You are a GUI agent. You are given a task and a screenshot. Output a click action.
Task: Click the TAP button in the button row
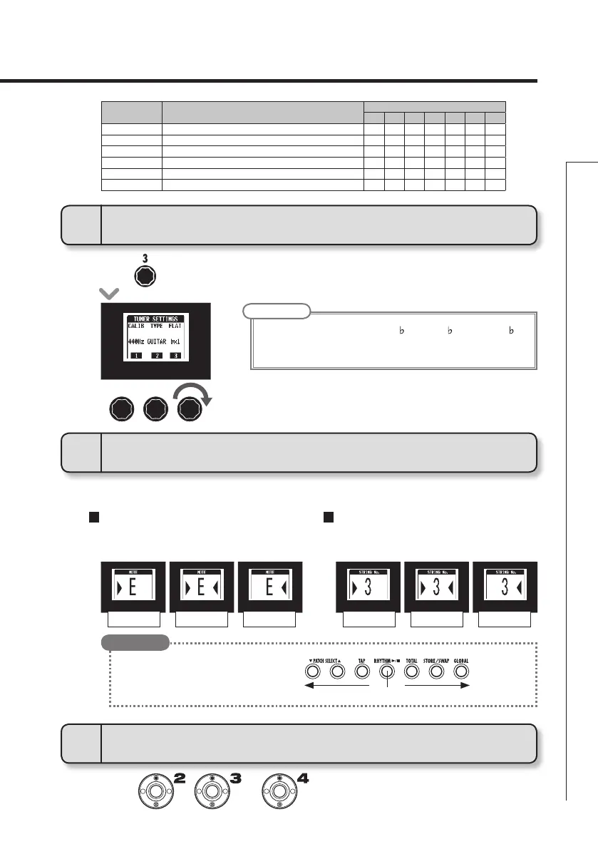(361, 671)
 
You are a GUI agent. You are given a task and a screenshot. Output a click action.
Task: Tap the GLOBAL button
(460, 671)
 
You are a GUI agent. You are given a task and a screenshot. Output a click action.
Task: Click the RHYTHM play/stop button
(386, 671)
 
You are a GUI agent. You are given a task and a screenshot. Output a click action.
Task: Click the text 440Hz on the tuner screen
(138, 342)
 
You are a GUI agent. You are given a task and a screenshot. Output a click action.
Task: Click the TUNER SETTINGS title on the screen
(156, 318)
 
